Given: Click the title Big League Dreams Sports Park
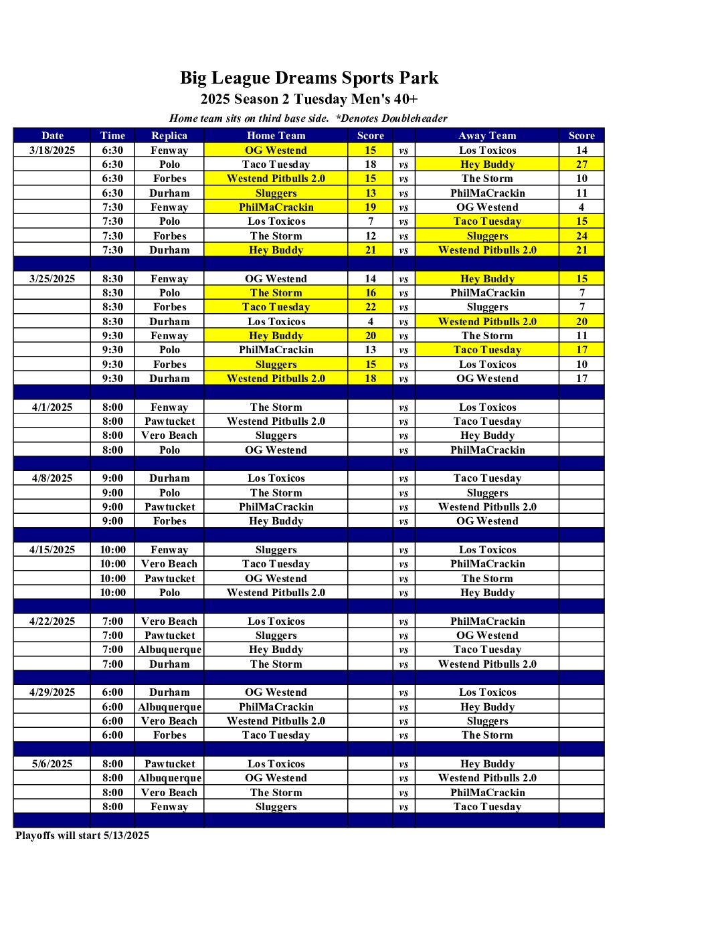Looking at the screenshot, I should [309, 78].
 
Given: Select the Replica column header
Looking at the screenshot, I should [169, 136].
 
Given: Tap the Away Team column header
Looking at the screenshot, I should [487, 136].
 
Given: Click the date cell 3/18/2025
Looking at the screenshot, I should [52, 151].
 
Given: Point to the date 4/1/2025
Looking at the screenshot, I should [52, 407].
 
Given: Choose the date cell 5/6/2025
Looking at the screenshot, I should [52, 764].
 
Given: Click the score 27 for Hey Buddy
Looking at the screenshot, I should [581, 165].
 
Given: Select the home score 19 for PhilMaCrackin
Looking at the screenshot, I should [371, 207].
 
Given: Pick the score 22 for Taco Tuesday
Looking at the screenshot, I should [371, 307].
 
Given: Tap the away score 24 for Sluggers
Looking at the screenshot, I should [581, 236].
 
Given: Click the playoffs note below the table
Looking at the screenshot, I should [82, 836].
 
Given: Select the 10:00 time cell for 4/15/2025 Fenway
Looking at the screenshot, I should [112, 550].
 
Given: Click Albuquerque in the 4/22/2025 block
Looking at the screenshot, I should [169, 650].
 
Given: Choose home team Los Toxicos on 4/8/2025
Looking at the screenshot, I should [276, 478].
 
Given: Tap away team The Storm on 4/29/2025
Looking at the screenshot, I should [487, 735].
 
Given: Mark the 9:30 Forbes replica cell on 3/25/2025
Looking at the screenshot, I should [169, 365].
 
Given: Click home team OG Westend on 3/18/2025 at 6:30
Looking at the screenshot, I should [276, 151].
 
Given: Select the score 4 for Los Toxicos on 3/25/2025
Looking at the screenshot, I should [371, 322].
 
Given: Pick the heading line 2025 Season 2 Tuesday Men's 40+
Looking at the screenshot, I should [309, 100].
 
